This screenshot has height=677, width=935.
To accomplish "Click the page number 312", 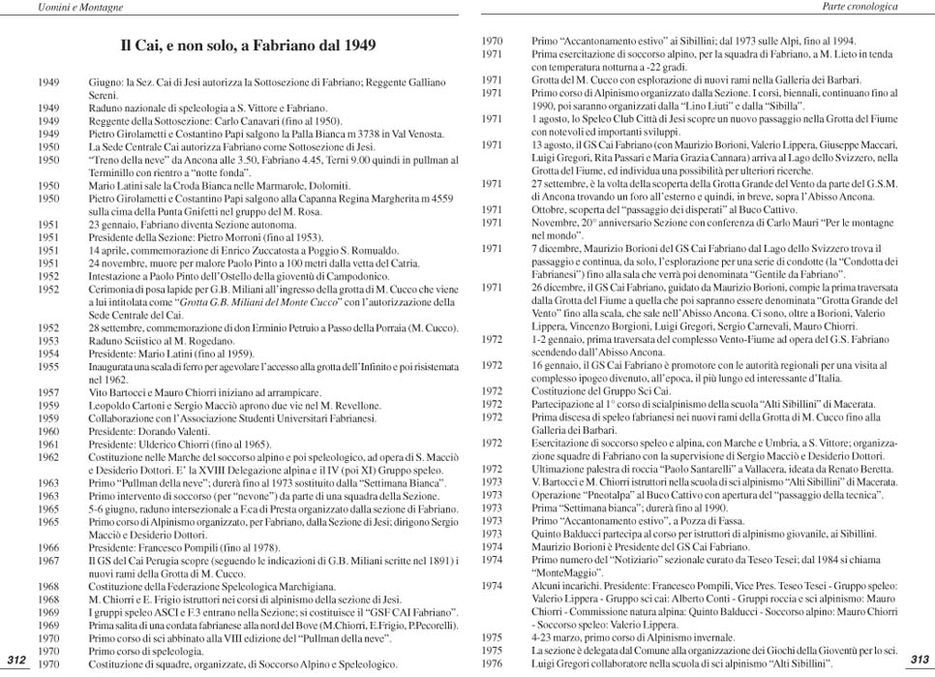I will pyautogui.click(x=15, y=660).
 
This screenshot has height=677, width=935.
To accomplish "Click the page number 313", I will pyautogui.click(x=920, y=659).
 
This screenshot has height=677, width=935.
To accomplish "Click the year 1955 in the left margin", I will pyautogui.click(x=48, y=367).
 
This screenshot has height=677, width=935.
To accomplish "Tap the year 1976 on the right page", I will pyautogui.click(x=492, y=664).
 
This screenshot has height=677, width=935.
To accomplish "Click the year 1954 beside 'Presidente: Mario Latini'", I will pyautogui.click(x=48, y=354).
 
